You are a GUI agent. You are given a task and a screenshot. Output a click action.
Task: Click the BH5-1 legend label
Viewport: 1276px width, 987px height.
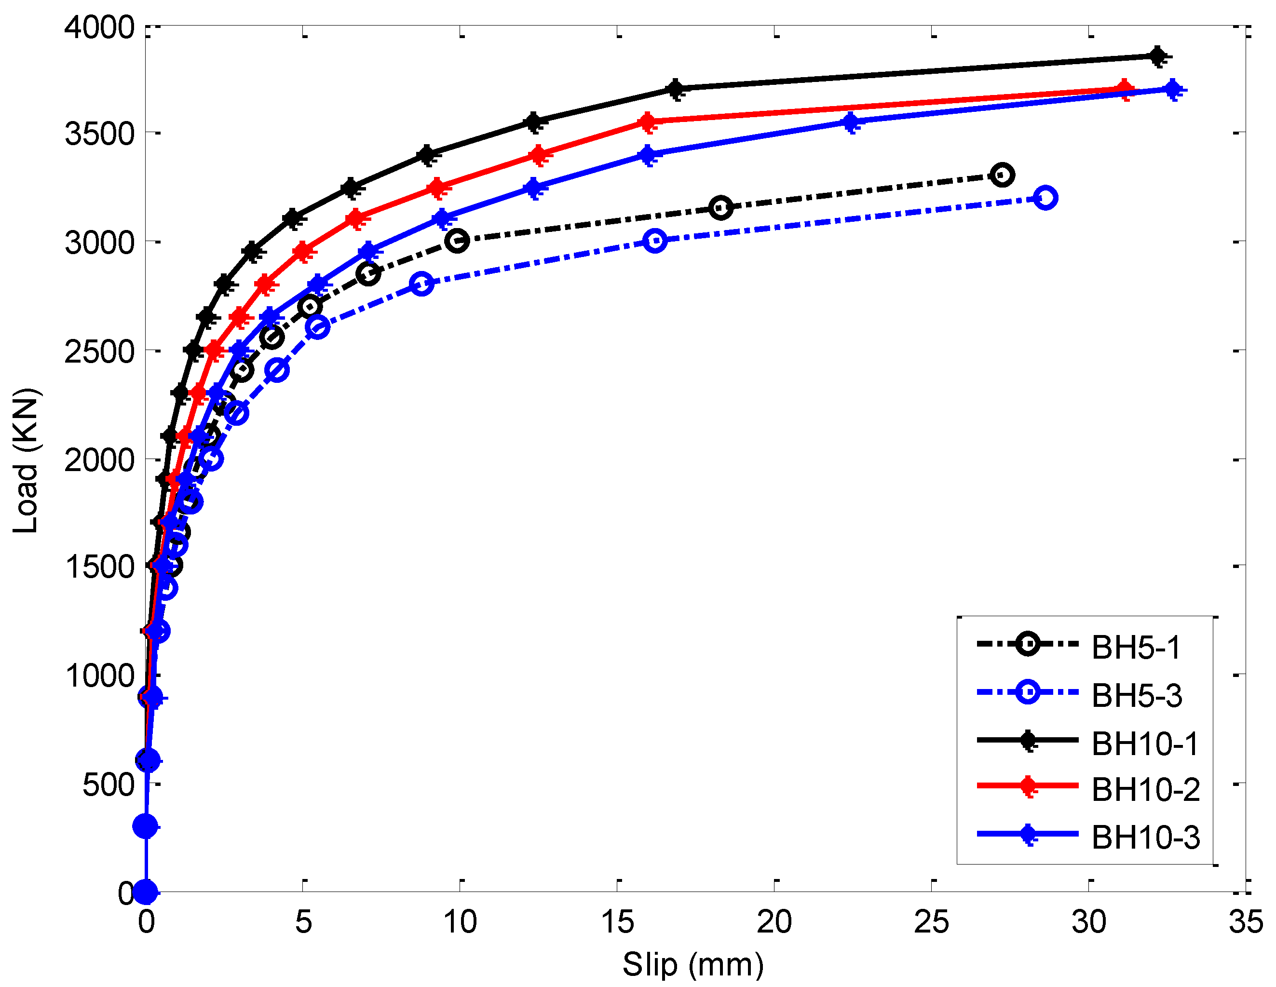point(1136,648)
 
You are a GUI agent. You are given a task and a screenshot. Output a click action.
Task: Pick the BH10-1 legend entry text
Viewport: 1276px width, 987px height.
point(1145,744)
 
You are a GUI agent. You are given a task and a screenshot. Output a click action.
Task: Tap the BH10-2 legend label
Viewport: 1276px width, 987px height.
point(1146,790)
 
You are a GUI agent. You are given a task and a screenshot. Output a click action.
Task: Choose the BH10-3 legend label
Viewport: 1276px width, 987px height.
point(1146,838)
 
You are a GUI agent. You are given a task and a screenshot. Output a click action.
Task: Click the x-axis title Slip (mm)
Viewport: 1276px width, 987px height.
point(693,964)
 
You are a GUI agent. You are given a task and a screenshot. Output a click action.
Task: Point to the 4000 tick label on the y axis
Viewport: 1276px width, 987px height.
point(99,27)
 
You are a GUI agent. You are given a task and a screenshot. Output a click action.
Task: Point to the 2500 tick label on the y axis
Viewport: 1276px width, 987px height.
point(99,352)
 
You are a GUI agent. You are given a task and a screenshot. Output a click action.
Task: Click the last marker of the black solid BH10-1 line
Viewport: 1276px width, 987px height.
point(1157,56)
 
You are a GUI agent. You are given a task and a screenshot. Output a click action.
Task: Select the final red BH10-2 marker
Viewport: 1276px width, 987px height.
point(1124,91)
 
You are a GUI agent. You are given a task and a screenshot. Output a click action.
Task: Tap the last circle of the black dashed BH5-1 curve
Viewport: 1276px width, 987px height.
point(1003,175)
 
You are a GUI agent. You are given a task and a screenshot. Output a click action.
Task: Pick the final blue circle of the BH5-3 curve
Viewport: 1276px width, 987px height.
point(1045,198)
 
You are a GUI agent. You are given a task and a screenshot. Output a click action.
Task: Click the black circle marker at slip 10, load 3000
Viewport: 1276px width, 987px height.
point(457,241)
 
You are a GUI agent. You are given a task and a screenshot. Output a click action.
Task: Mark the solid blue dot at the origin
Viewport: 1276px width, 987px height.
point(146,892)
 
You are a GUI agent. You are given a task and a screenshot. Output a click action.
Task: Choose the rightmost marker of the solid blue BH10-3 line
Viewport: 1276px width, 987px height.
point(1173,90)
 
